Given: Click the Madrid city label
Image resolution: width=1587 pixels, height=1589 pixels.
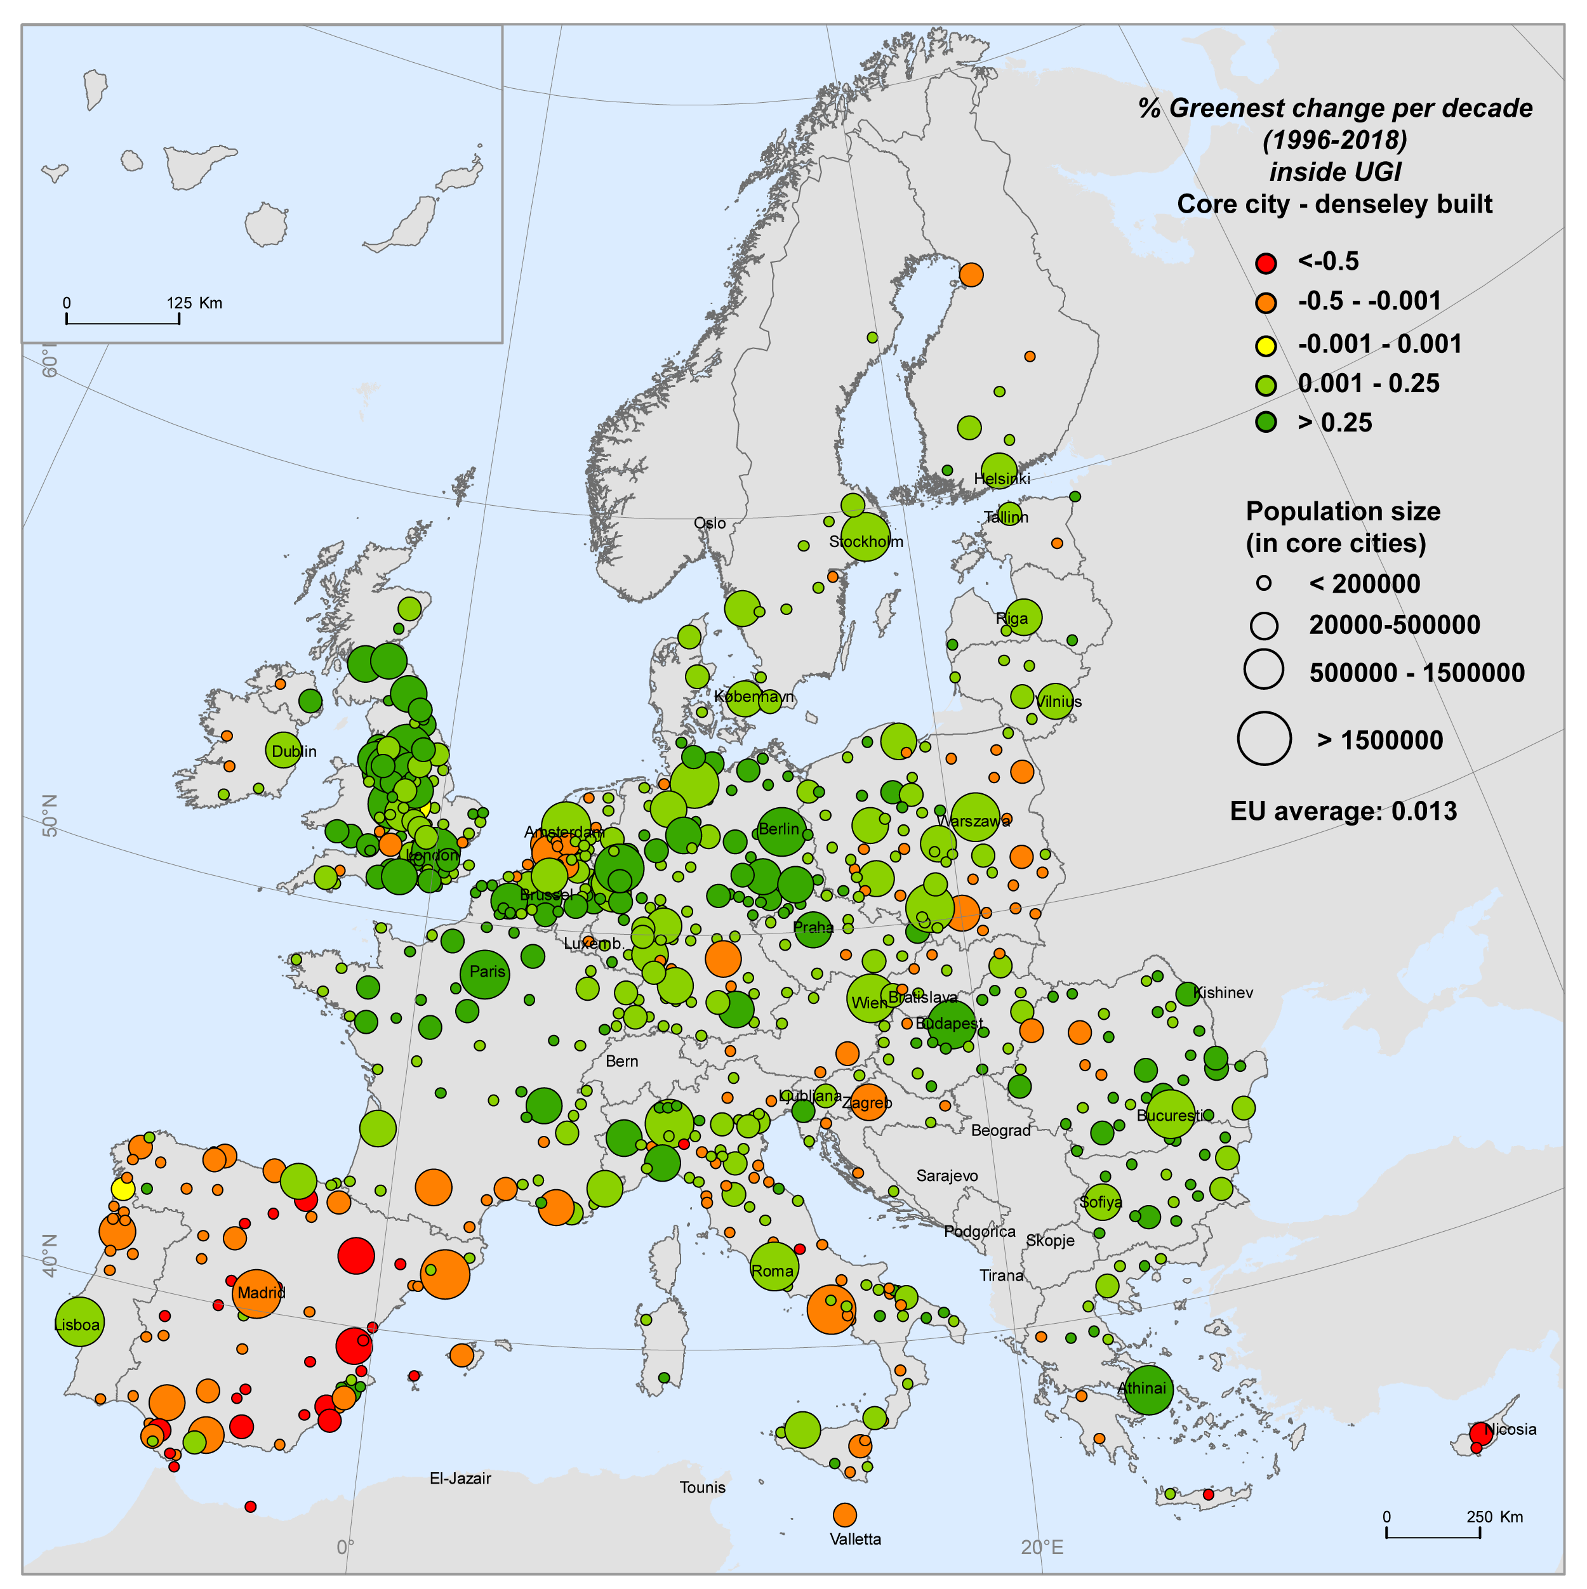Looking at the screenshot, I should (x=261, y=1292).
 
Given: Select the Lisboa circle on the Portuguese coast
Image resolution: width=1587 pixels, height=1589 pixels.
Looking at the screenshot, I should (x=79, y=1322).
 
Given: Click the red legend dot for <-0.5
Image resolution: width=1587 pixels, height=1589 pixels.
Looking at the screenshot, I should (x=1265, y=263).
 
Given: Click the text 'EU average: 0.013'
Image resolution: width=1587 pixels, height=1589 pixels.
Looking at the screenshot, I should (x=1343, y=811).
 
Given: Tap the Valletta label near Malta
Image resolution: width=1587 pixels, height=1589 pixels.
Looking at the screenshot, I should (x=855, y=1539).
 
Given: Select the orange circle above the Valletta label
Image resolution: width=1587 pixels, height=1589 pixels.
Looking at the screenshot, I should (x=844, y=1514).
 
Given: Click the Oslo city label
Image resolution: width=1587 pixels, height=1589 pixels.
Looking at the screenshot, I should (x=709, y=523).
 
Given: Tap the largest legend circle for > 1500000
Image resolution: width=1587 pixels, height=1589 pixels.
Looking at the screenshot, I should (x=1264, y=739).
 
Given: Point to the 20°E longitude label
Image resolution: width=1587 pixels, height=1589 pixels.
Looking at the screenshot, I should (x=1042, y=1547).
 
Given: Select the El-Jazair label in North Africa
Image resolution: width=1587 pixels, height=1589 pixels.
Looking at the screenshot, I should (x=460, y=1478).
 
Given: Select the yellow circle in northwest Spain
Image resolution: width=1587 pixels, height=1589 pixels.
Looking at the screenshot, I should (x=123, y=1189).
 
